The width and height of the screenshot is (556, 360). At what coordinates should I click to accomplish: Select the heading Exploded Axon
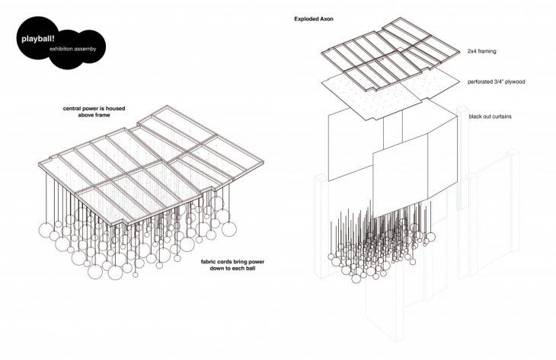pyautogui.click(x=313, y=18)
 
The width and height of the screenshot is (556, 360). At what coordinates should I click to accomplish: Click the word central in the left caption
pyautogui.click(x=76, y=109)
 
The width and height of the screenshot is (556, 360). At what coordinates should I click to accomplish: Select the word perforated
pyautogui.click(x=482, y=81)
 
